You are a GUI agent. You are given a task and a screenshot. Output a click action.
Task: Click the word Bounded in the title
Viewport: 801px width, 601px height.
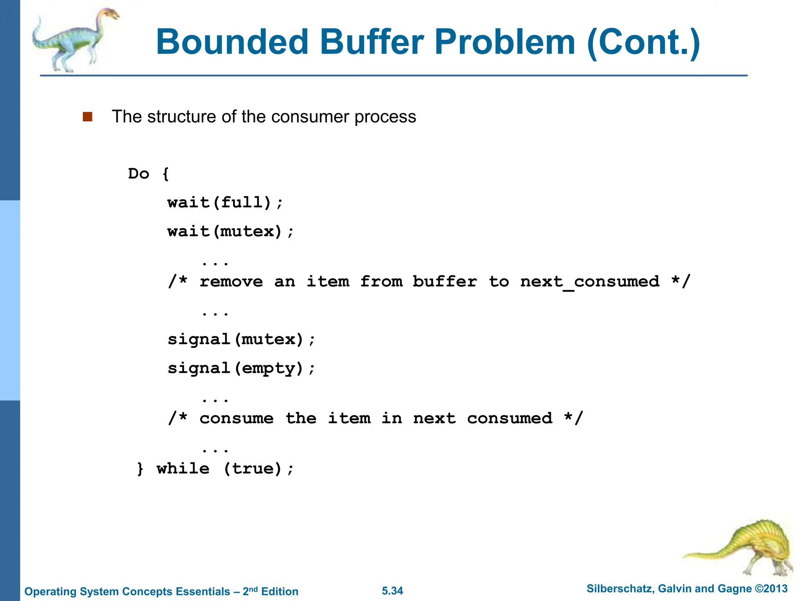click(232, 42)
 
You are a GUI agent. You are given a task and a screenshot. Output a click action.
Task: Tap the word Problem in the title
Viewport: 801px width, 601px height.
click(505, 42)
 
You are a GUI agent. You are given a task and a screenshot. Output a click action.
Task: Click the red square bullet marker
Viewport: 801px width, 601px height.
click(88, 117)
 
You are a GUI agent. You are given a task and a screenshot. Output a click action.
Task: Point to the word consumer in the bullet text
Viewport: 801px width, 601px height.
click(312, 117)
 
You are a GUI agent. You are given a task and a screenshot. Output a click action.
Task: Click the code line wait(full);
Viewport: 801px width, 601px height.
click(225, 203)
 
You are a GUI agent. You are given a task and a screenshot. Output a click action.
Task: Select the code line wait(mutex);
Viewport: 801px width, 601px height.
click(230, 232)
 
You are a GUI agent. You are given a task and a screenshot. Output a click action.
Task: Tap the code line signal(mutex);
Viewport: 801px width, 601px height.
click(241, 339)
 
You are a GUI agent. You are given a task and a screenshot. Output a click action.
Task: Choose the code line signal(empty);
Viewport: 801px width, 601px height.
click(241, 368)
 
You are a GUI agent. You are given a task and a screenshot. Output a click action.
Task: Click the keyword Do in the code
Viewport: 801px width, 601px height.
click(138, 174)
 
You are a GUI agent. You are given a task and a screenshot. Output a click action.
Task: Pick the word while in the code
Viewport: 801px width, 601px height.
click(183, 468)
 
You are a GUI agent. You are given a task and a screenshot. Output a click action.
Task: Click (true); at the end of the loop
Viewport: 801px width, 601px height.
click(259, 468)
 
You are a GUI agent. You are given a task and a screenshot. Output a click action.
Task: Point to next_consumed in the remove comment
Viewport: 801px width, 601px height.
click(590, 282)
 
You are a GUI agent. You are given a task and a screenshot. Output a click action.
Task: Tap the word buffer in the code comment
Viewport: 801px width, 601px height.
click(445, 282)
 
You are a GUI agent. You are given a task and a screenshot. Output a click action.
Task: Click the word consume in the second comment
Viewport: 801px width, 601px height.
click(236, 418)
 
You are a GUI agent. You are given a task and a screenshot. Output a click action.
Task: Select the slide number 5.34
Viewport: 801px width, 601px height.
click(392, 591)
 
